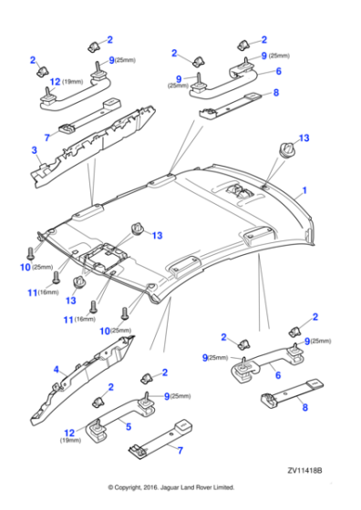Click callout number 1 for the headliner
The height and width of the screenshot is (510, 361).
(x=304, y=190)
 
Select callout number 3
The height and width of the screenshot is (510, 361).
(x=34, y=150)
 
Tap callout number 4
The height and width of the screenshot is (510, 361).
(x=57, y=370)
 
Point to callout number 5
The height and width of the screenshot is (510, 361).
(x=129, y=426)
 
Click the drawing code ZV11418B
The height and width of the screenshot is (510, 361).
(x=304, y=471)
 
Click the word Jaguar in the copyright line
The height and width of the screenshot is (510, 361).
(x=169, y=487)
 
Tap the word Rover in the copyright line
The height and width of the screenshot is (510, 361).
(x=204, y=487)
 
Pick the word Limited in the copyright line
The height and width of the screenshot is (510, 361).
(x=224, y=487)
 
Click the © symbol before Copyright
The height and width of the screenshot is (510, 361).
(x=110, y=487)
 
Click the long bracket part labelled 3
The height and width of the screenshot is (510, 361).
(x=93, y=146)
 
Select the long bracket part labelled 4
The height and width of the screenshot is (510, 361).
(x=83, y=380)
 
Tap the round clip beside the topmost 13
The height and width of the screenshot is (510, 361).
(x=286, y=151)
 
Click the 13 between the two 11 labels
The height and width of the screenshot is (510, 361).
(x=70, y=301)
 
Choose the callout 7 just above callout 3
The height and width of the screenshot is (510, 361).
(x=47, y=138)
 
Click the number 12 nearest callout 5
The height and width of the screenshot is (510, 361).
(x=69, y=433)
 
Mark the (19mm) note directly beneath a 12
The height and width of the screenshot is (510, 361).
(x=70, y=441)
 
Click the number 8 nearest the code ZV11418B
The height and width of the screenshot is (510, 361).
(x=305, y=407)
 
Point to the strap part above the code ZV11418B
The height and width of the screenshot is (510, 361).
(x=292, y=393)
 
